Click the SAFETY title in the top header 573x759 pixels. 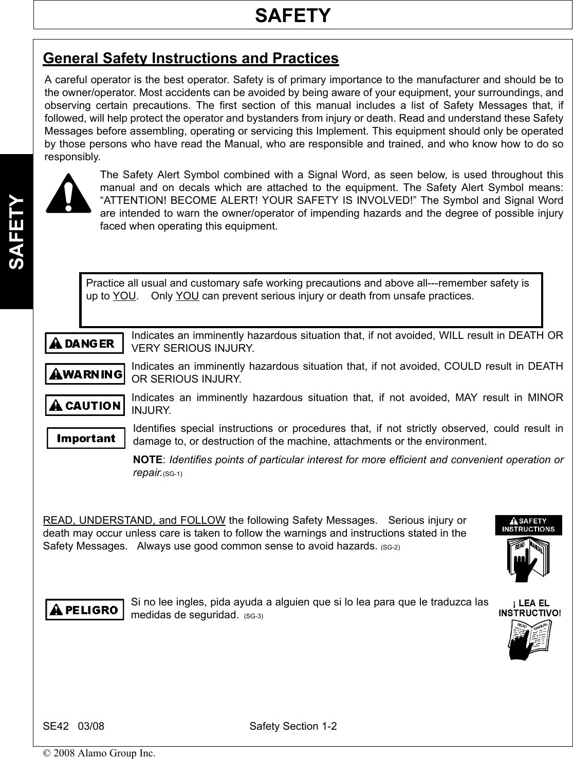(x=292, y=16)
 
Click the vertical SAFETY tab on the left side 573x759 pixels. (x=16, y=232)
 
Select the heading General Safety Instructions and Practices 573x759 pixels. (x=191, y=58)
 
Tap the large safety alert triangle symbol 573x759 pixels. (x=68, y=194)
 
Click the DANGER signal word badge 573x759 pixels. (x=84, y=344)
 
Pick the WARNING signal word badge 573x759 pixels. (x=85, y=374)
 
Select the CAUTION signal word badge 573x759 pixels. (x=85, y=405)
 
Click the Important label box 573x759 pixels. (x=86, y=438)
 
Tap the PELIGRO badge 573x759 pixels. (x=85, y=610)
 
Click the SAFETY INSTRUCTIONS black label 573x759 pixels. (x=528, y=525)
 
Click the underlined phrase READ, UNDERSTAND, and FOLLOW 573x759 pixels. (x=134, y=521)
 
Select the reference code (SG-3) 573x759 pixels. (x=253, y=616)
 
